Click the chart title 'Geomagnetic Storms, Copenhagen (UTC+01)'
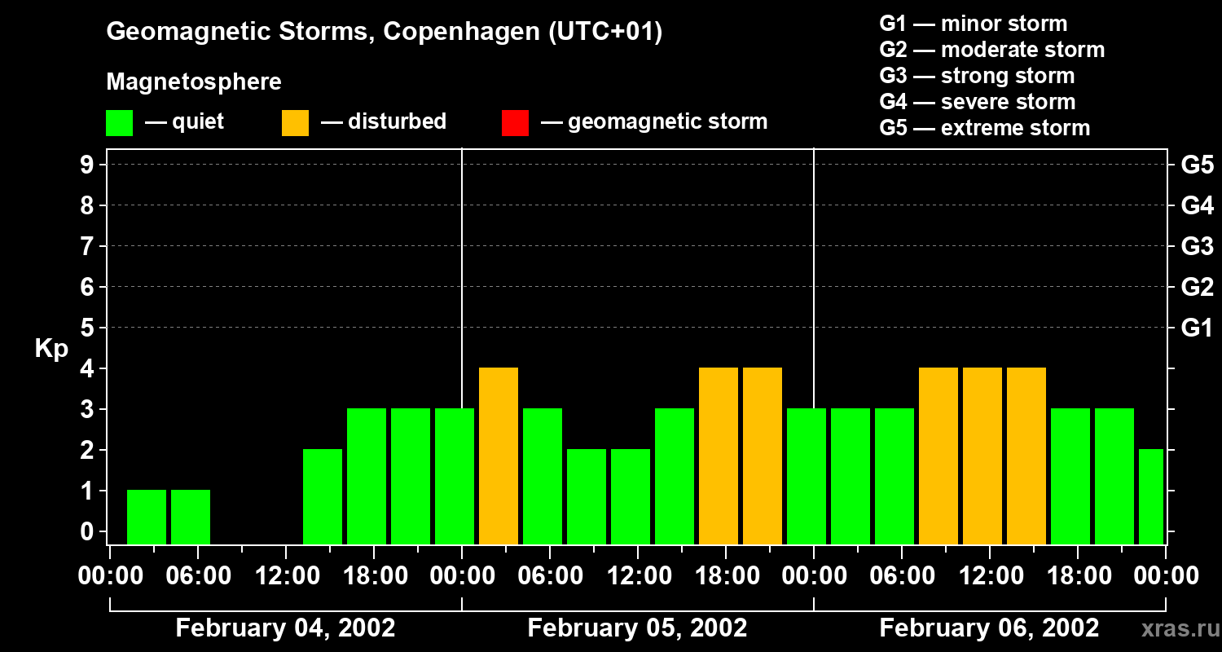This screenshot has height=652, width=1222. pyautogui.click(x=384, y=32)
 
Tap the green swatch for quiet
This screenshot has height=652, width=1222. pyautogui.click(x=120, y=122)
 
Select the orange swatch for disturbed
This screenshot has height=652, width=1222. pyautogui.click(x=295, y=122)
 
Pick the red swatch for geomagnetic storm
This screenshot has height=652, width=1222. pyautogui.click(x=515, y=122)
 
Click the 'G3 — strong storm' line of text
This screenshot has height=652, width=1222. pyautogui.click(x=977, y=76)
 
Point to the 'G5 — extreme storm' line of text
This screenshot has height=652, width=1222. pyautogui.click(x=984, y=128)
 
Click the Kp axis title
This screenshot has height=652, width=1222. pyautogui.click(x=51, y=349)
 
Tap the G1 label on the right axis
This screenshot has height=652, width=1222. pyautogui.click(x=1197, y=328)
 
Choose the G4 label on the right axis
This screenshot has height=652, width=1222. pyautogui.click(x=1197, y=205)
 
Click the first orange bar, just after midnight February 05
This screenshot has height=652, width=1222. pyautogui.click(x=499, y=456)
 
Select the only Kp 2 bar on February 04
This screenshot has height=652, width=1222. pyautogui.click(x=323, y=496)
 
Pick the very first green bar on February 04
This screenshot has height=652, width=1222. pyautogui.click(x=147, y=517)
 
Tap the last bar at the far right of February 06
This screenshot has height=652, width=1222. pyautogui.click(x=1151, y=496)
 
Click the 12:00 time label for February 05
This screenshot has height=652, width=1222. pyautogui.click(x=638, y=576)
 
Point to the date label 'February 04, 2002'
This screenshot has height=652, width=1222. pyautogui.click(x=285, y=628)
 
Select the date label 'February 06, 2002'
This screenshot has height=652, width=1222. pyautogui.click(x=989, y=628)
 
